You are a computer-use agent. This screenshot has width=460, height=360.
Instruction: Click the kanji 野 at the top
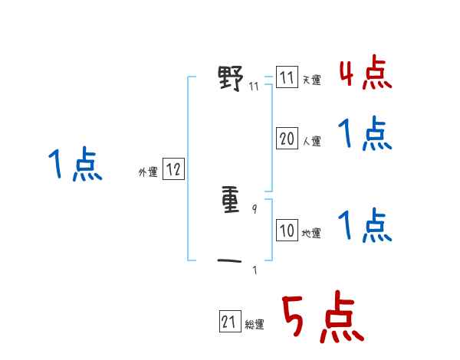tap(231, 78)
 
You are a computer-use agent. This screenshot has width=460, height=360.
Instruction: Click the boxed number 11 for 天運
tap(287, 78)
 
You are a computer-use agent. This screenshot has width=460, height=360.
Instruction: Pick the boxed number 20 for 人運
tap(287, 139)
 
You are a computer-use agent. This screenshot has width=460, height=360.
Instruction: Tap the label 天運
tap(311, 80)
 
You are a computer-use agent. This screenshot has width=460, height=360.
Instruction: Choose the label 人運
tap(311, 141)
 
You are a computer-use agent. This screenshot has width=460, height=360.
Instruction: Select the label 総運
tap(255, 325)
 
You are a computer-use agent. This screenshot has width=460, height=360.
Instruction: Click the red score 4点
tap(365, 74)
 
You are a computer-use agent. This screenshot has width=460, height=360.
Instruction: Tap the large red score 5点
tap(323, 318)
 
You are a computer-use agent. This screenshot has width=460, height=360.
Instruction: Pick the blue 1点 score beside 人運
tap(365, 135)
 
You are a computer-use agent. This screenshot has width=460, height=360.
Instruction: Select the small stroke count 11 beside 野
tap(254, 86)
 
